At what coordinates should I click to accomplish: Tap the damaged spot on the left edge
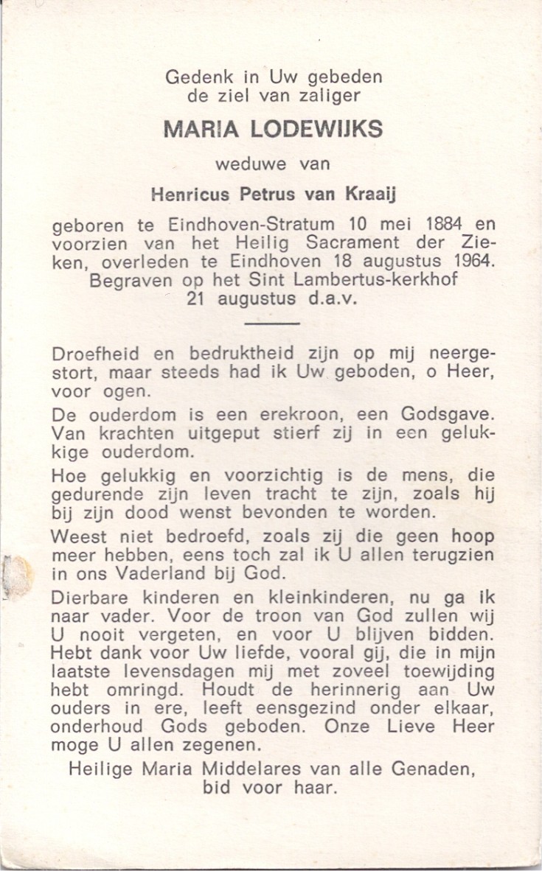pyautogui.click(x=15, y=575)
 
